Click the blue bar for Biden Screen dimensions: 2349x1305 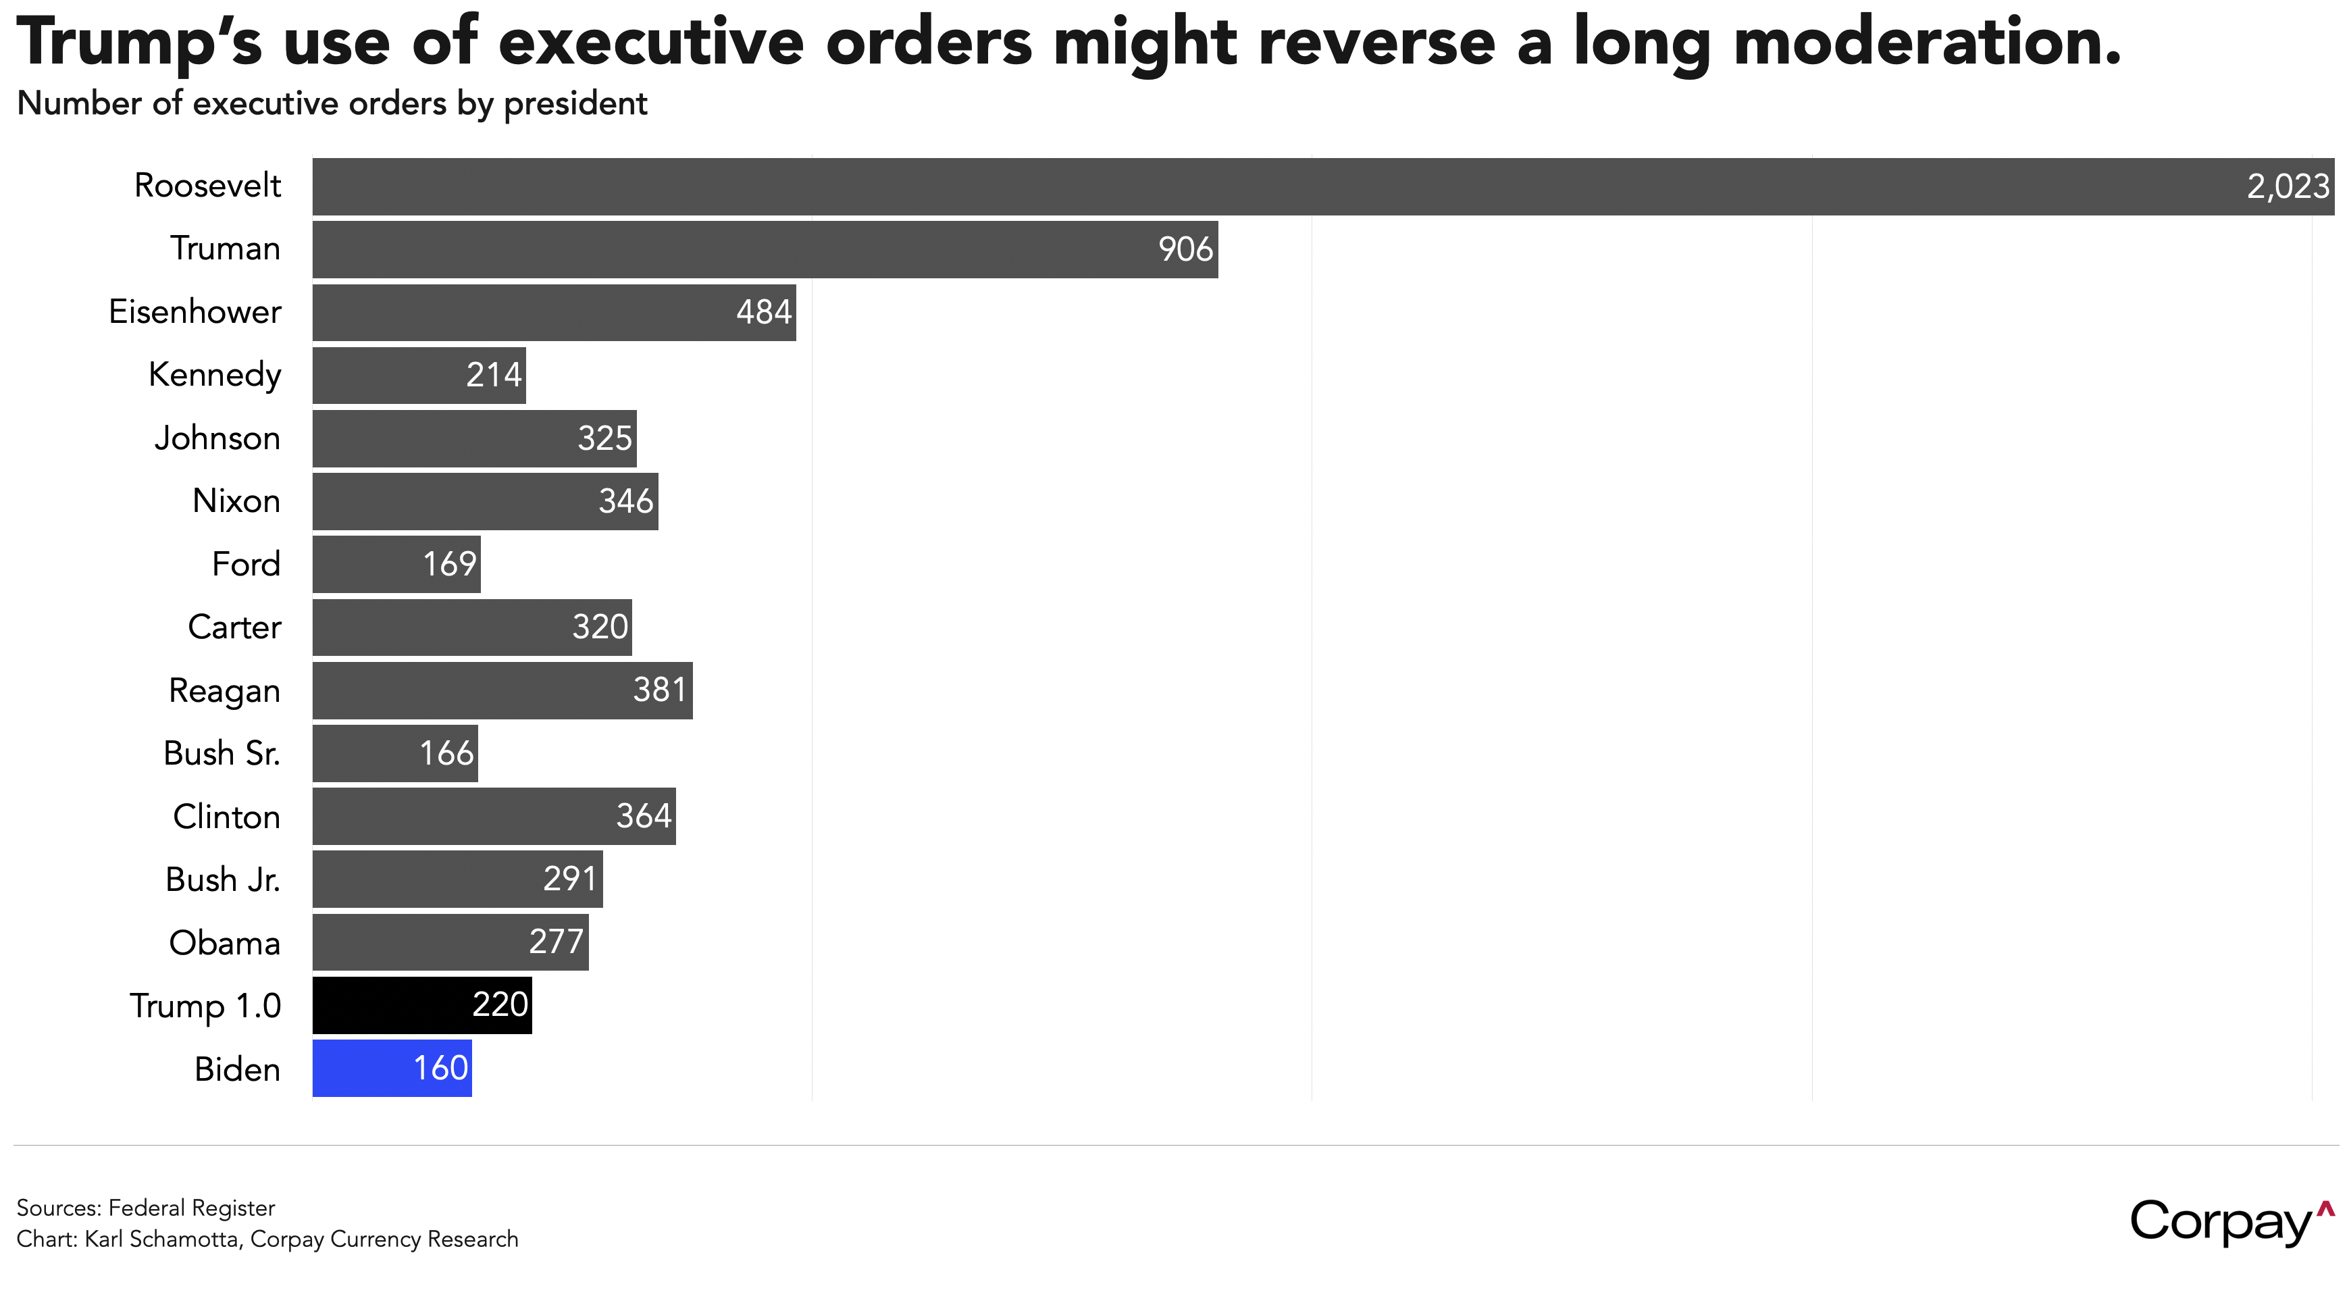point(392,1068)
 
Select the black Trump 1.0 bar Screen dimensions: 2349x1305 point(422,1005)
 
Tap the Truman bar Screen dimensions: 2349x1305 point(765,249)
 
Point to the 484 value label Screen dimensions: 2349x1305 point(764,312)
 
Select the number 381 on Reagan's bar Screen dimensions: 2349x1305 point(659,690)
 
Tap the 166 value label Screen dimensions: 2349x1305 point(447,752)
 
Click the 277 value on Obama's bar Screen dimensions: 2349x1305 point(557,941)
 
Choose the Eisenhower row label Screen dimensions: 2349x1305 point(195,312)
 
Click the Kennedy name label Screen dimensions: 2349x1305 point(215,375)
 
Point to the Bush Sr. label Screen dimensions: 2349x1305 point(222,753)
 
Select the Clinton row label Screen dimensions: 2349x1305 point(227,816)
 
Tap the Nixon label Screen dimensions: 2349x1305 point(236,501)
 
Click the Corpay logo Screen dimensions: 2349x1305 point(2232,1222)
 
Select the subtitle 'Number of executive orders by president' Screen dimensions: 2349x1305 point(332,104)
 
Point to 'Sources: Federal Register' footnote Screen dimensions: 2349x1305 point(146,1208)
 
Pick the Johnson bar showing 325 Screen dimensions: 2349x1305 point(474,438)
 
